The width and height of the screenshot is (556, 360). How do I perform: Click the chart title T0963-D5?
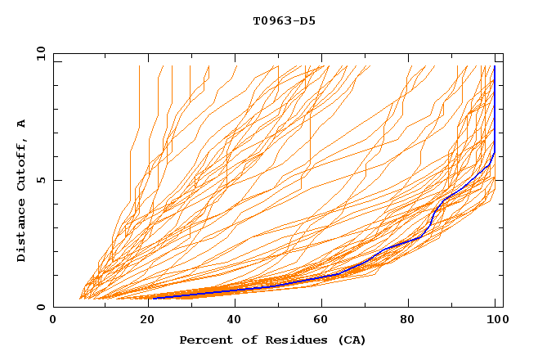click(284, 21)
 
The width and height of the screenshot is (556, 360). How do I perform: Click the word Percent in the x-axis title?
click(204, 340)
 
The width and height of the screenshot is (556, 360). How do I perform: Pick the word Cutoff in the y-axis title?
click(22, 162)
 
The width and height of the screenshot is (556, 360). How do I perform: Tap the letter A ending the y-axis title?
click(22, 124)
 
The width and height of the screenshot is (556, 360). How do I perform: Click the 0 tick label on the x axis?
click(53, 320)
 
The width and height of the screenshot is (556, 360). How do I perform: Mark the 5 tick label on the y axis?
click(39, 180)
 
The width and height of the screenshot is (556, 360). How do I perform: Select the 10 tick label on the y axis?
click(37, 53)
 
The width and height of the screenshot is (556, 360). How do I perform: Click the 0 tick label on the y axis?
click(39, 307)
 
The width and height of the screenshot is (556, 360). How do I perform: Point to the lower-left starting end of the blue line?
click(153, 298)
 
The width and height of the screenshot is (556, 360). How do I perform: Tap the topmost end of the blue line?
click(495, 66)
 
